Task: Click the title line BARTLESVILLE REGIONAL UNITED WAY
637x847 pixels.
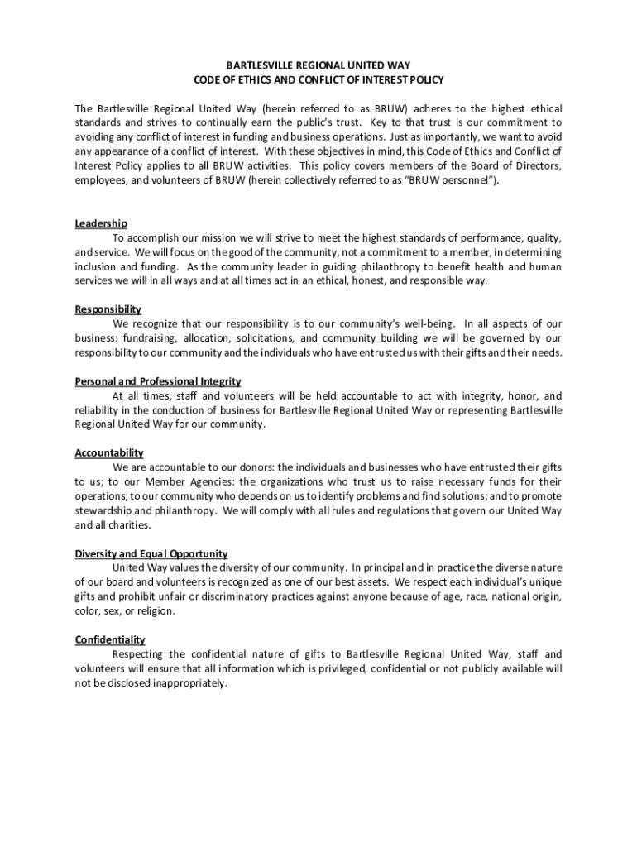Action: pos(318,65)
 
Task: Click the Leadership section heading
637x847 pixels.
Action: pos(101,223)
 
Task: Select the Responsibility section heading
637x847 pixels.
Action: pos(108,309)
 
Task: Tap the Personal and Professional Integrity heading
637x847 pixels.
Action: pos(158,381)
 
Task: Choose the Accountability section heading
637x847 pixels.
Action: pos(109,453)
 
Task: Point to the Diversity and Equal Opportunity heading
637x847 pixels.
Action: pos(151,553)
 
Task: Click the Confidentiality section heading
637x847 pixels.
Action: pos(110,639)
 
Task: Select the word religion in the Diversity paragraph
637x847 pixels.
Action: pos(157,611)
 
